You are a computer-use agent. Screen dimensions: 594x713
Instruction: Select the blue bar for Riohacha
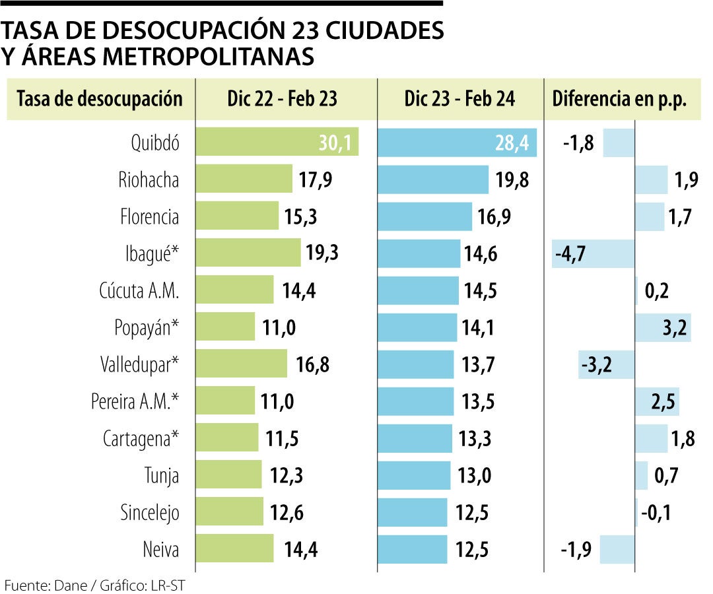432,180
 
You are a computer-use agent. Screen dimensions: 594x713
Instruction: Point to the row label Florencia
149,216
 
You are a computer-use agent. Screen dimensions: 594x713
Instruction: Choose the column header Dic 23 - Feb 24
460,99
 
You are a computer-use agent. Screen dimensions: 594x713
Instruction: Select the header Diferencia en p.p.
619,99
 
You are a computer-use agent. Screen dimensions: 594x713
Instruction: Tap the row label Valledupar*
140,364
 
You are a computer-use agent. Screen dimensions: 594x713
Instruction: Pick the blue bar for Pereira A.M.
416,401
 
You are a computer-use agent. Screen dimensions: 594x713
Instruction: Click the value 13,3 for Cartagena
475,438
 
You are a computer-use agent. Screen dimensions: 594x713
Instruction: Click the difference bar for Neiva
617,549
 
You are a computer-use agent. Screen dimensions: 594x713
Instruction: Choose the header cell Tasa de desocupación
100,99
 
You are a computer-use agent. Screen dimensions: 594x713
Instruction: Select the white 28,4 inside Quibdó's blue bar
512,143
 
